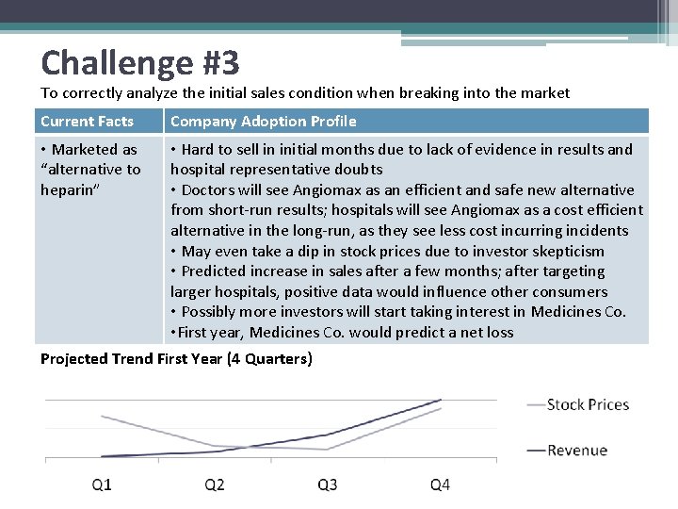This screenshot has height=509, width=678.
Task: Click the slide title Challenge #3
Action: click(139, 63)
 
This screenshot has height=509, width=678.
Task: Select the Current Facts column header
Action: click(87, 121)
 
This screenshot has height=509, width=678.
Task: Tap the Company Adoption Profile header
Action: click(263, 121)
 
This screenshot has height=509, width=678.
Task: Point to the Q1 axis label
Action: click(102, 484)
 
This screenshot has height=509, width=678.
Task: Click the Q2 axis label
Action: click(215, 484)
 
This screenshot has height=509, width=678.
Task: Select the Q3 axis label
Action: click(328, 484)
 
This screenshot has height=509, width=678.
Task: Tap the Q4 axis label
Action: click(440, 484)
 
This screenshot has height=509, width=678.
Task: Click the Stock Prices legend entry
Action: click(587, 404)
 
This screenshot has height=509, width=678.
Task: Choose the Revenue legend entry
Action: click(576, 450)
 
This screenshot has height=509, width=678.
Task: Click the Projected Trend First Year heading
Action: click(176, 359)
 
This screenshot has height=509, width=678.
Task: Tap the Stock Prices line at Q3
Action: click(328, 450)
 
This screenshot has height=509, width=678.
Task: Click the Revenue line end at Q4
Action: click(441, 401)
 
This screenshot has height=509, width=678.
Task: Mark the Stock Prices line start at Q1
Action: click(102, 416)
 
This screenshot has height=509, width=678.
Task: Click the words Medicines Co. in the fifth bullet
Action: click(578, 312)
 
